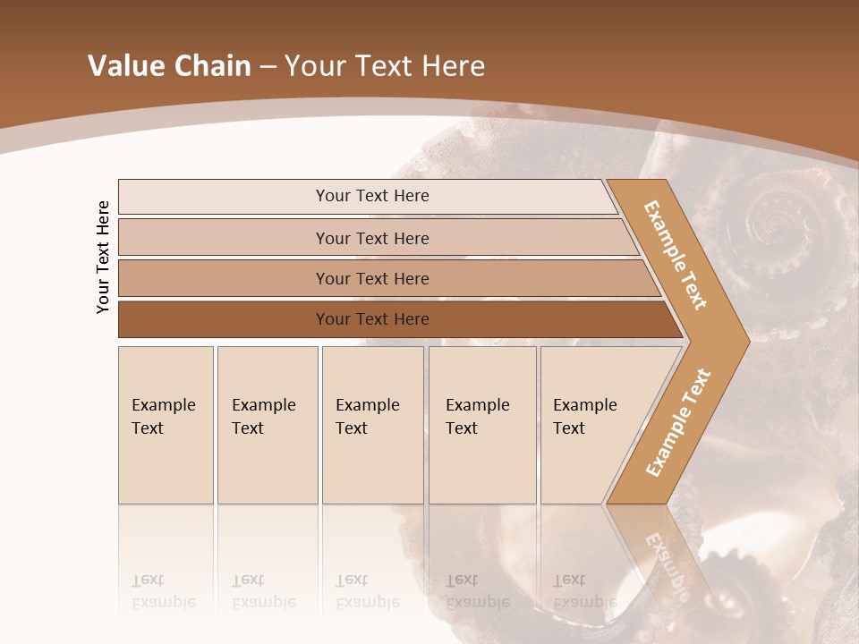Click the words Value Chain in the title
click(169, 66)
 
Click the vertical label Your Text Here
click(103, 257)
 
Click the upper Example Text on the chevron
click(676, 255)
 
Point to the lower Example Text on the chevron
click(678, 422)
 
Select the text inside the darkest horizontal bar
click(372, 319)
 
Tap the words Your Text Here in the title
click(385, 66)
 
